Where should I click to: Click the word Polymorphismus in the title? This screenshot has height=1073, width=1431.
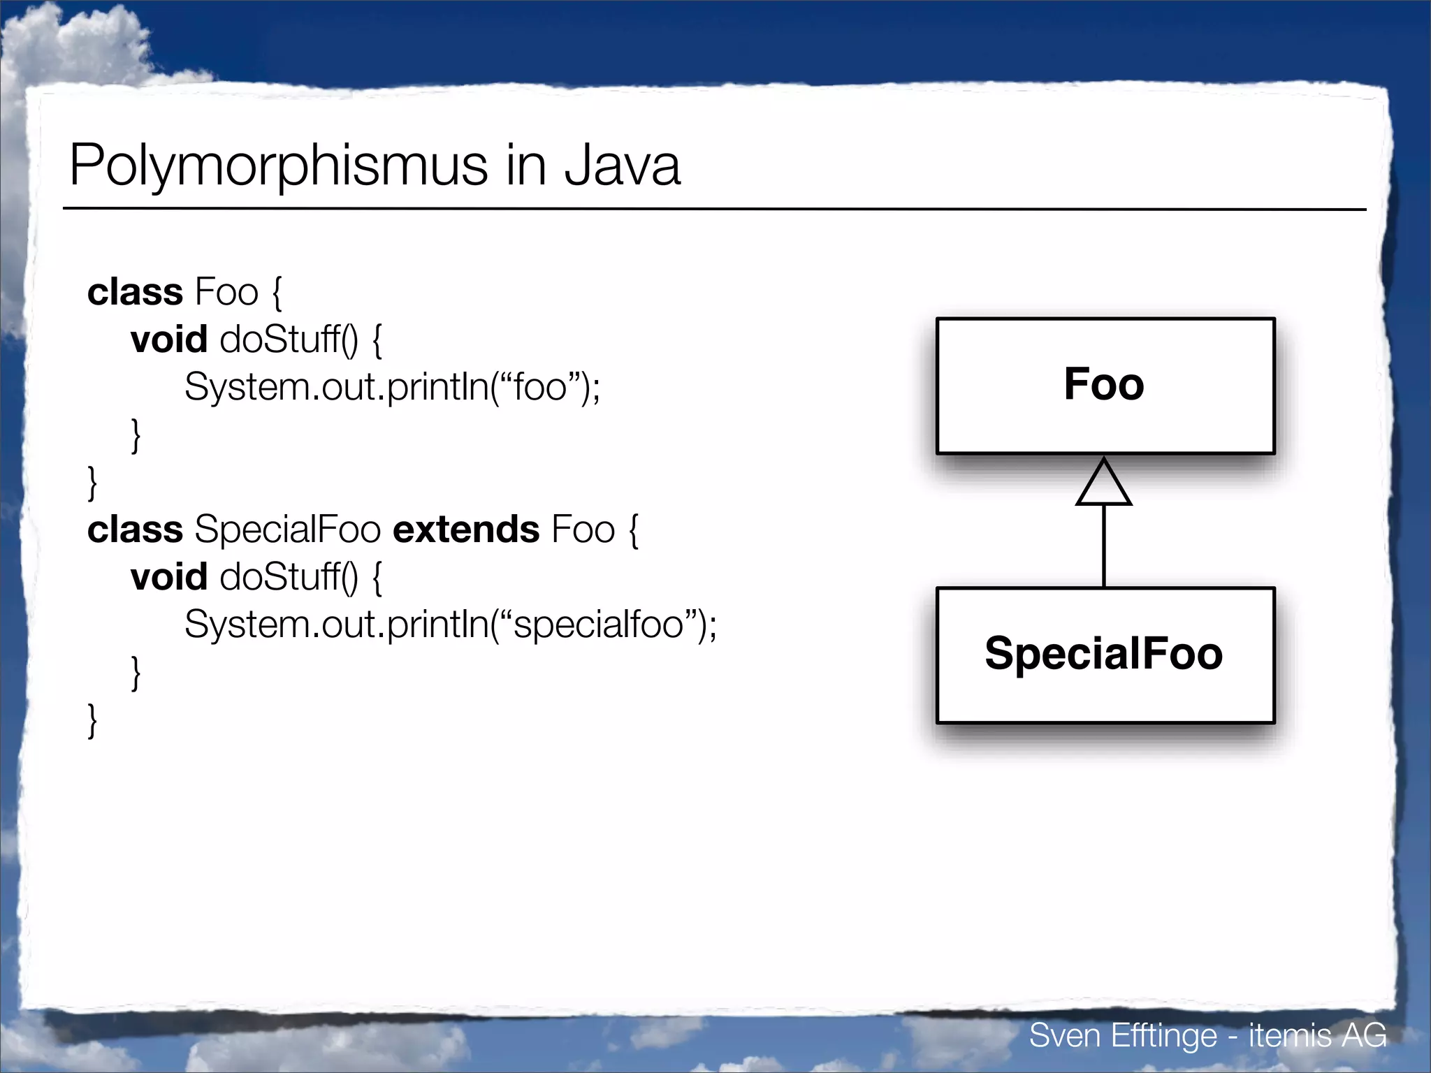278,166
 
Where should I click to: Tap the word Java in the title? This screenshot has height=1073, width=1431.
622,166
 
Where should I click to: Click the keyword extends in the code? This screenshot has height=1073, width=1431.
466,530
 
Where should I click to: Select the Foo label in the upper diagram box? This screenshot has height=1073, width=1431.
1104,384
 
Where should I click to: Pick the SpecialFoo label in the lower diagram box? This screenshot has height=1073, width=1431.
1104,654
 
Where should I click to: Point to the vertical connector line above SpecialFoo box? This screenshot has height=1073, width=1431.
1104,545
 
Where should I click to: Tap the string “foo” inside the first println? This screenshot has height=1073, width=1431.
539,386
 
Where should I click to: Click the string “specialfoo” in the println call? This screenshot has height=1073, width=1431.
597,625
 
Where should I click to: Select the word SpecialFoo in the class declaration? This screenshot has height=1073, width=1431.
287,530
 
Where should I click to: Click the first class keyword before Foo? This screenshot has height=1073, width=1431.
135,292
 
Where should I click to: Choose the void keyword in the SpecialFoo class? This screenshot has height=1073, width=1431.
169,577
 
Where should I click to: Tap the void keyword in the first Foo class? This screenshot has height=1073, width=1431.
169,340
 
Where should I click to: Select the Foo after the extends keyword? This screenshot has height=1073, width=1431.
583,530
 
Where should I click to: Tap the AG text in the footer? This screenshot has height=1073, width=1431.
1364,1035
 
